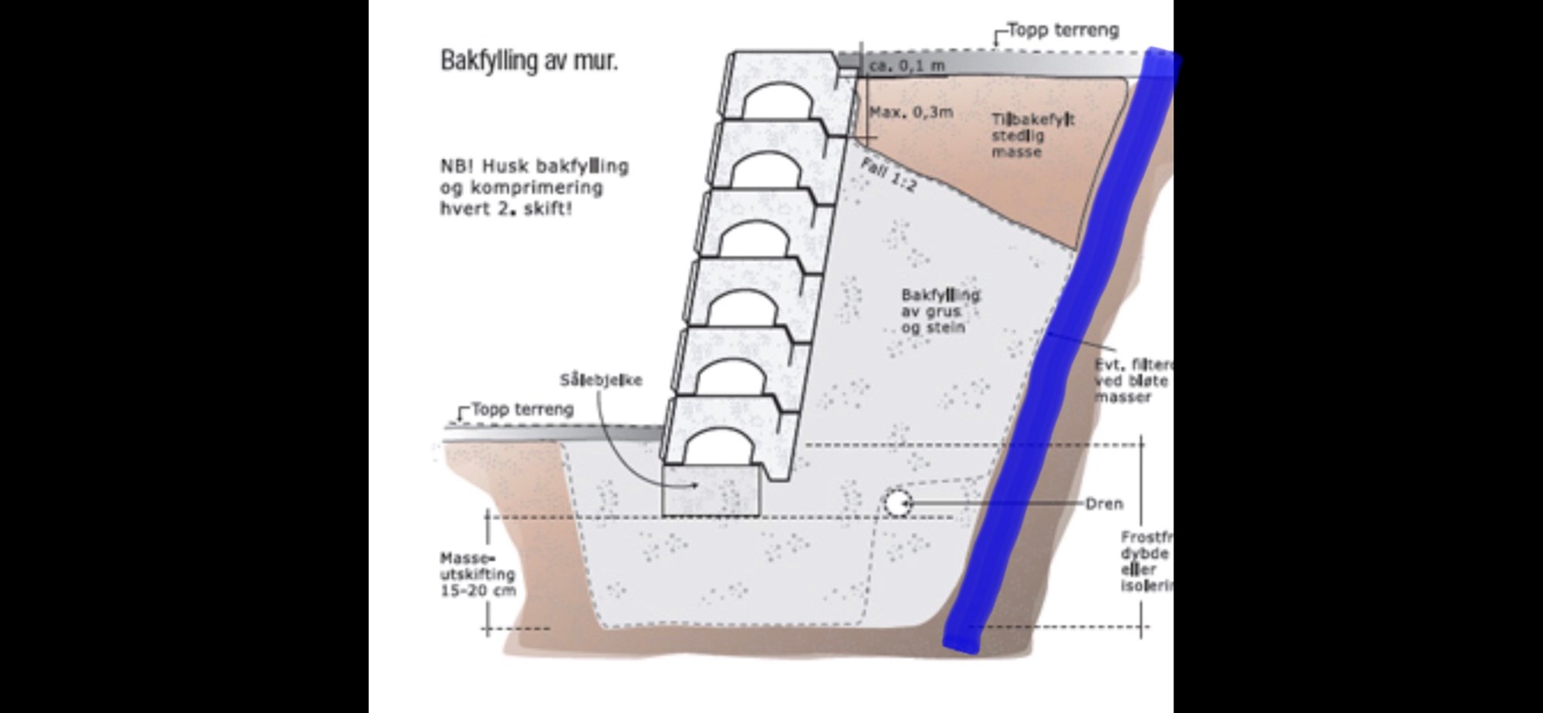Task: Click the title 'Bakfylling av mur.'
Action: (529, 60)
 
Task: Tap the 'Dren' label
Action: (1104, 504)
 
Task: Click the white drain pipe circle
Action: (896, 504)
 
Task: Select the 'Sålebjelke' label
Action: (601, 380)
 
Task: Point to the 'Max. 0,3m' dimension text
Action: (911, 113)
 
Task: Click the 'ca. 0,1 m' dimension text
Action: (907, 66)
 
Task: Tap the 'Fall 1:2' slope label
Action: (888, 174)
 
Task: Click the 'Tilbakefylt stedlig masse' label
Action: (1032, 136)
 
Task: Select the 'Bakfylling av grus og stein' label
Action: (940, 311)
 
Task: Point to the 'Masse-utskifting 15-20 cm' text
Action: (478, 574)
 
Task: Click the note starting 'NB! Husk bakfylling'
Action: (534, 188)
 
